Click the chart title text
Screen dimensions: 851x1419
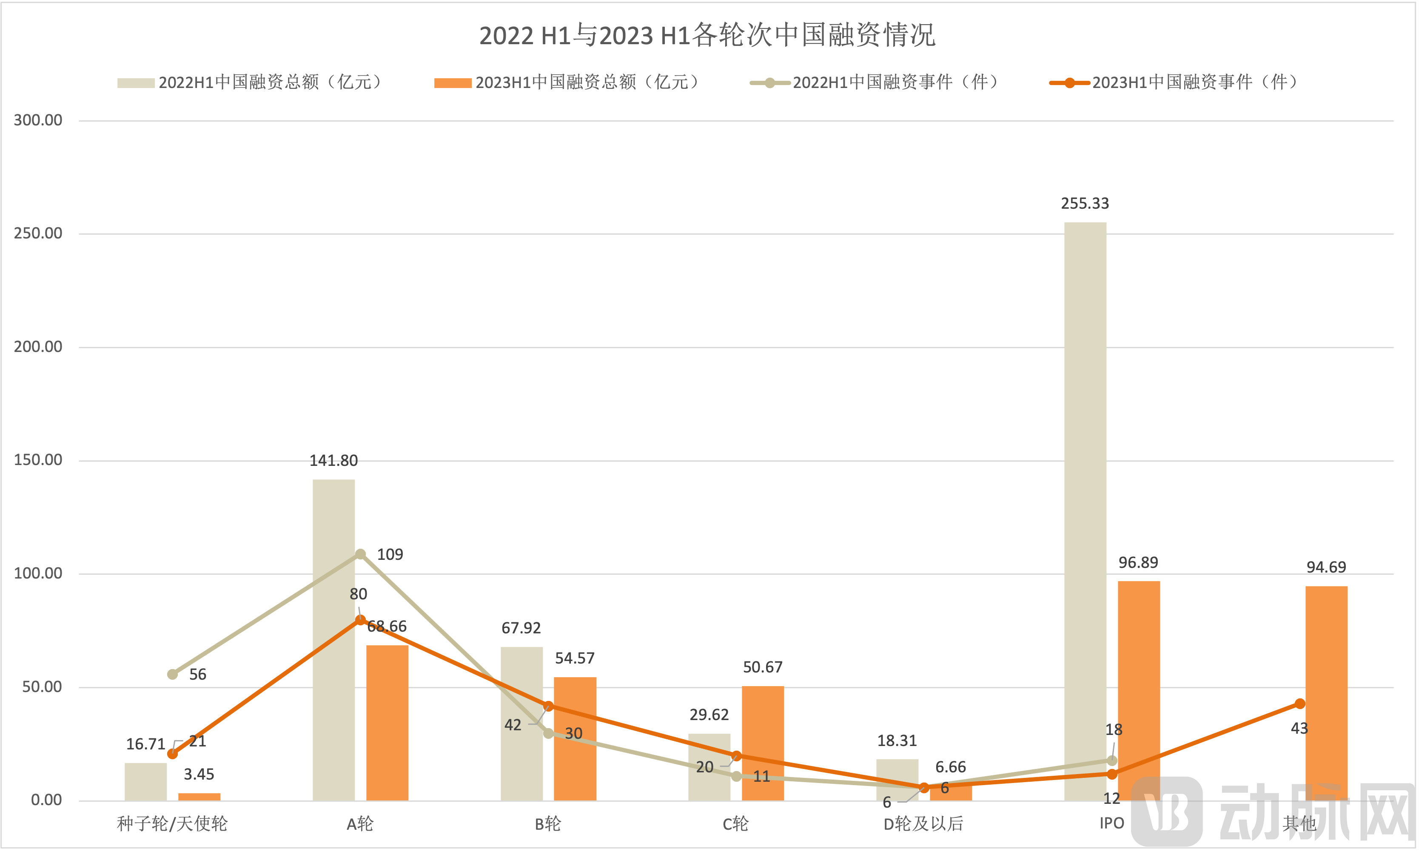click(707, 36)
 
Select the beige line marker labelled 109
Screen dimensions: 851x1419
click(360, 554)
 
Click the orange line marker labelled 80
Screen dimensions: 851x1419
click(360, 620)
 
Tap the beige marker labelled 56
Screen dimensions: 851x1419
click(172, 674)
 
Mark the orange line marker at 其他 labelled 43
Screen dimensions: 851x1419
click(1299, 703)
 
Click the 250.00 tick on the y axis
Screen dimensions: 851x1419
click(38, 233)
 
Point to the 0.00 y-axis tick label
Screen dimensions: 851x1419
click(46, 800)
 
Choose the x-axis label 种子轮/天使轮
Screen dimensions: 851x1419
click(172, 824)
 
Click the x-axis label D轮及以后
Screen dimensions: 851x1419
click(923, 824)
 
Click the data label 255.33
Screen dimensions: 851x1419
click(1085, 204)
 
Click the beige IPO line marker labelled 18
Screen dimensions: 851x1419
click(1111, 760)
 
